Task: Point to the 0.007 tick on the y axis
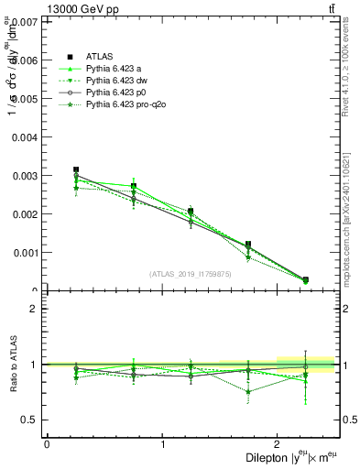pos(27,21)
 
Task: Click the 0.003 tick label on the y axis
pos(27,175)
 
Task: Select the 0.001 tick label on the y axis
pos(27,253)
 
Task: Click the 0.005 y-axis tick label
pos(27,98)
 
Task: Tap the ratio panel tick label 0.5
pos(31,420)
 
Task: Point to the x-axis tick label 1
pos(163,444)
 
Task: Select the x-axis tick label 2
pos(278,444)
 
